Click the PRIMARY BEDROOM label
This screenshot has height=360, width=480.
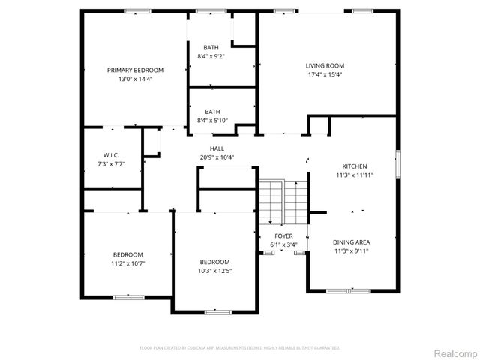click(135, 70)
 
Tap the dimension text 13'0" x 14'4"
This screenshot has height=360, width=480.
click(135, 79)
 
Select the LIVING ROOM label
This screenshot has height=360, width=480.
click(325, 65)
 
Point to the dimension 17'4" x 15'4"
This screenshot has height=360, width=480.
click(325, 74)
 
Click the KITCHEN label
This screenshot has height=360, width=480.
click(355, 166)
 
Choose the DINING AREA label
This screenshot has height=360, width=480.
click(351, 242)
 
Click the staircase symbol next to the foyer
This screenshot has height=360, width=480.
click(283, 201)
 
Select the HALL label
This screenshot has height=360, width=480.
click(217, 148)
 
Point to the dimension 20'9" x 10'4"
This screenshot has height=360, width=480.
click(217, 157)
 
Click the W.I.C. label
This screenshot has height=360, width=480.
click(111, 155)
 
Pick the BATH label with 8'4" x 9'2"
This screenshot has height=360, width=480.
click(212, 47)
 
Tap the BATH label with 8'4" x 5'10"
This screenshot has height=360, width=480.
click(212, 111)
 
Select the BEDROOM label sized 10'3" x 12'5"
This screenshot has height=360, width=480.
click(214, 262)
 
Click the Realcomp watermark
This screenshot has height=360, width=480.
click(455, 352)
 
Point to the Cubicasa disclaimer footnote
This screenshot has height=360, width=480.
click(240, 348)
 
